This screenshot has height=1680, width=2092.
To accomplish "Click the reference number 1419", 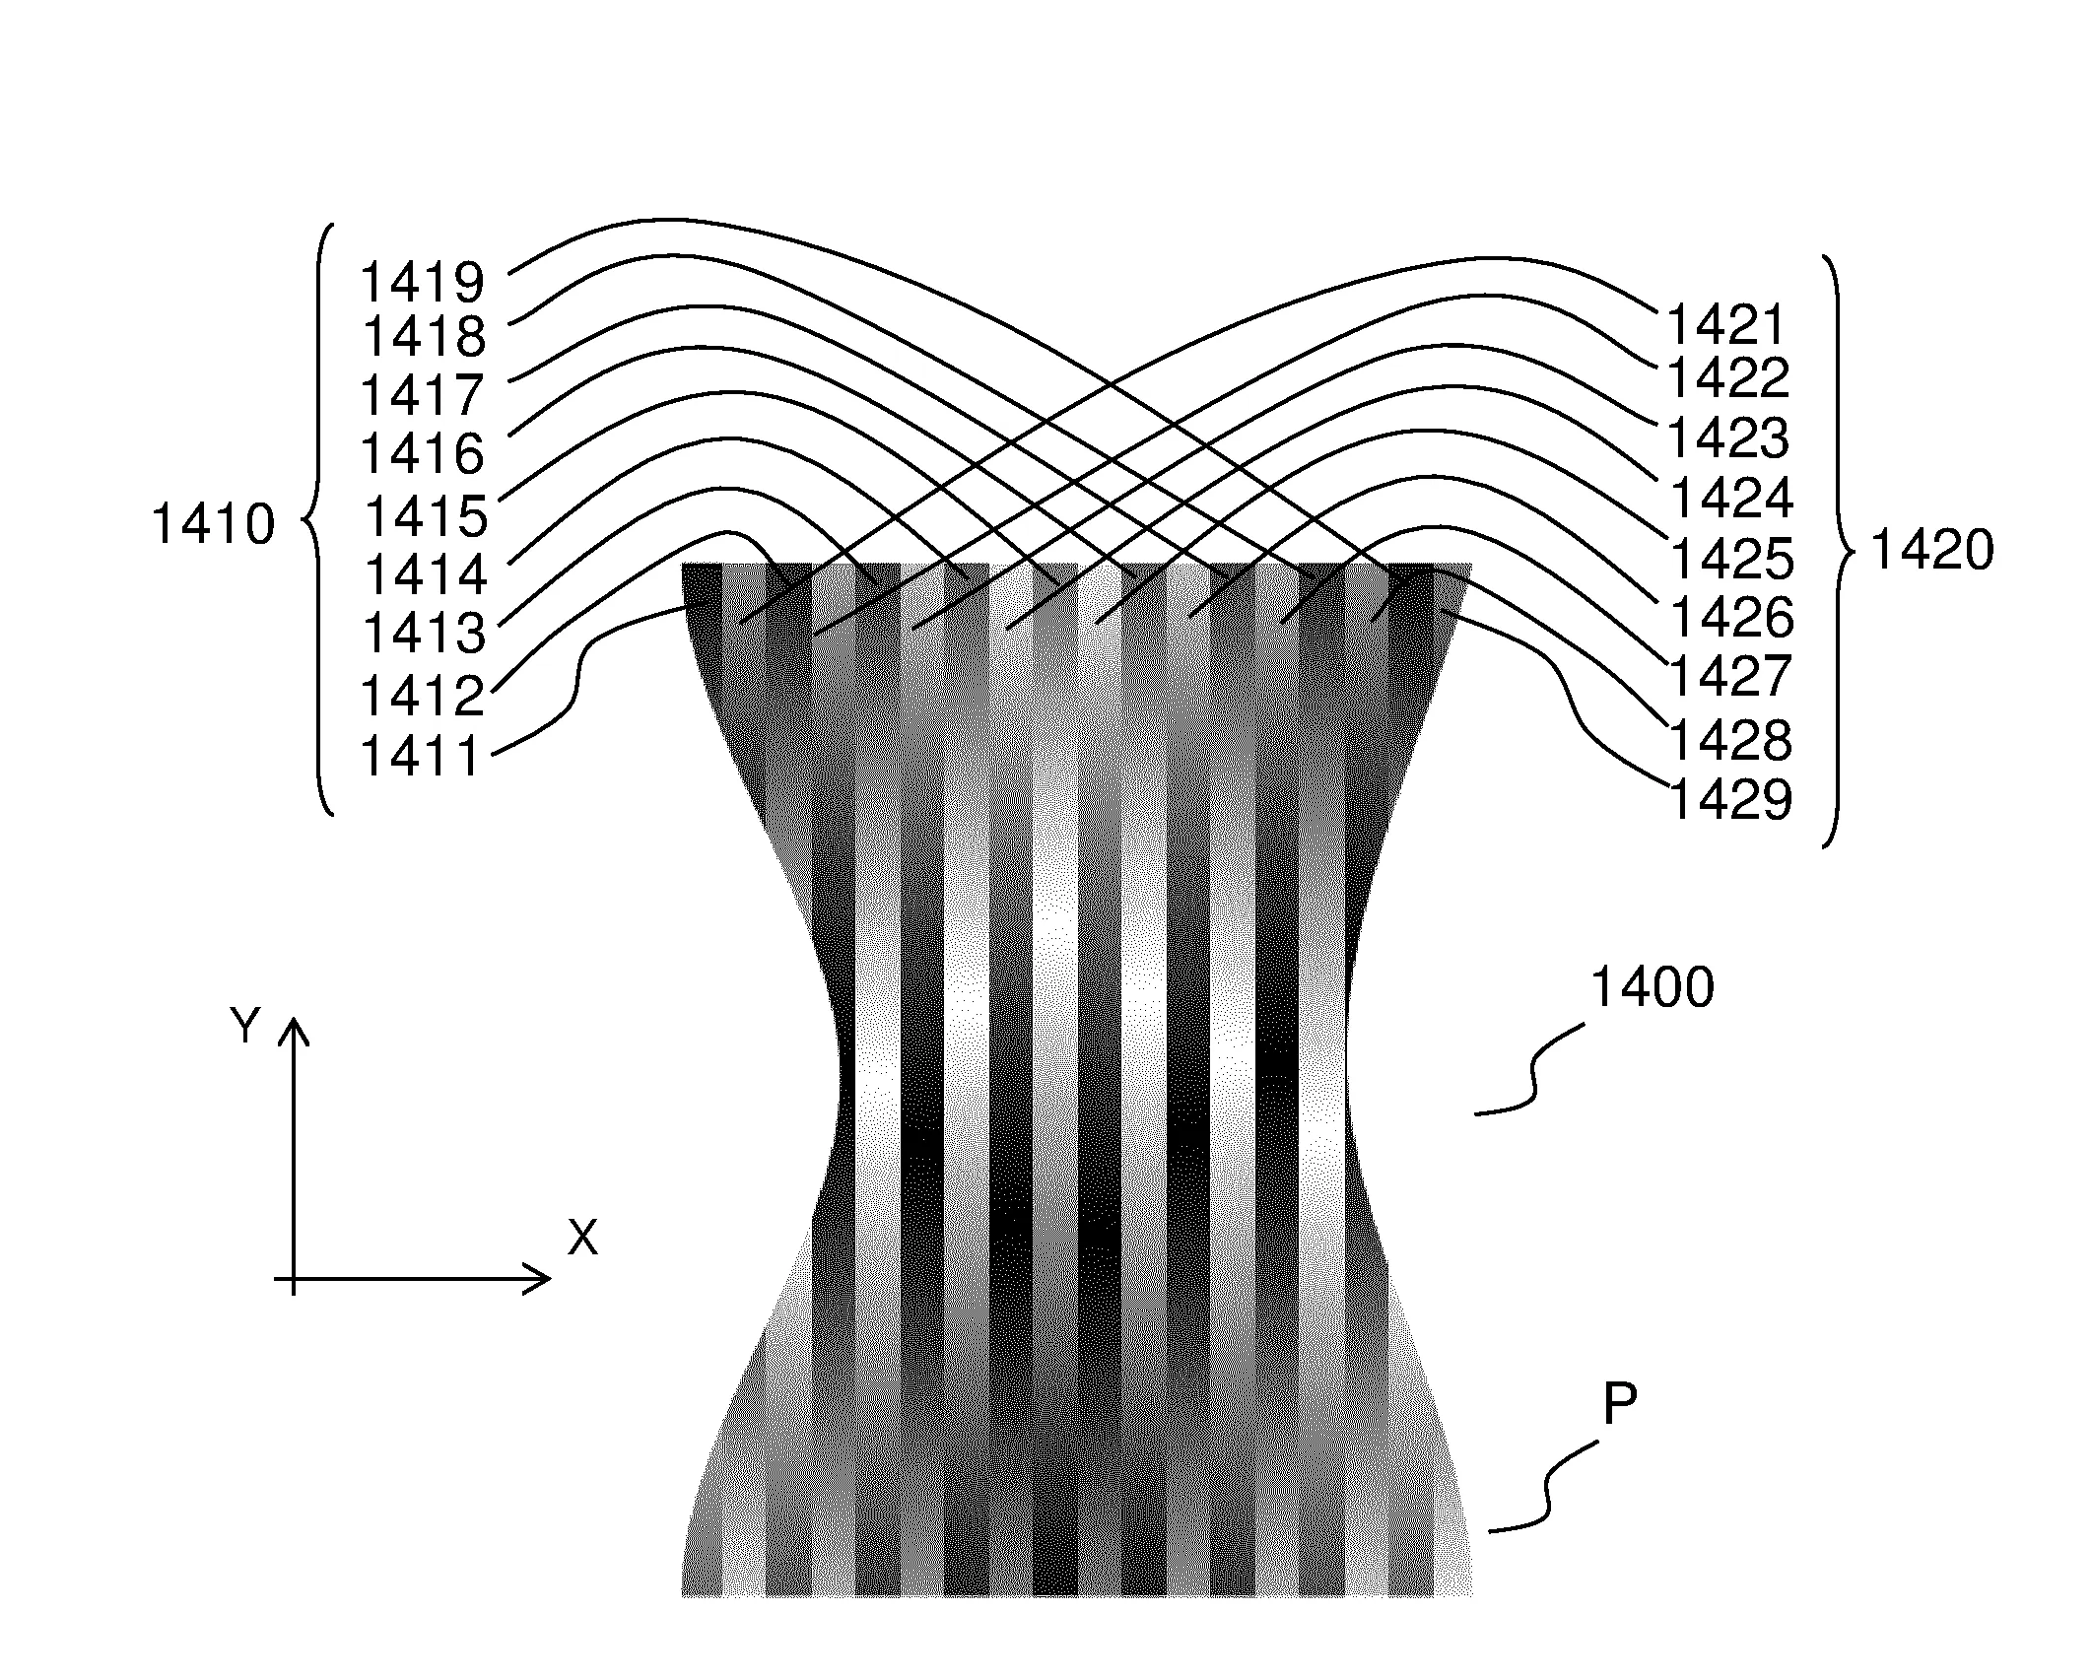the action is [423, 283].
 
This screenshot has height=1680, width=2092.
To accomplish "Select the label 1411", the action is [421, 757].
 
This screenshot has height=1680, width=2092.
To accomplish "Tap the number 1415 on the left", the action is [427, 515].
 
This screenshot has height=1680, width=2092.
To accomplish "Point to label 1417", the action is [423, 395].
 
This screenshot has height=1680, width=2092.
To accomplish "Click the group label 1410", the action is [213, 524].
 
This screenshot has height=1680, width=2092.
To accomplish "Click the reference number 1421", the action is [1725, 325].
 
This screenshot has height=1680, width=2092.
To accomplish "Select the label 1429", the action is [1731, 799].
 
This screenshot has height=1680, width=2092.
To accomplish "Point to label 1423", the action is [1728, 438].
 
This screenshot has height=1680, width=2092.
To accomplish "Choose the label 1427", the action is [1731, 676].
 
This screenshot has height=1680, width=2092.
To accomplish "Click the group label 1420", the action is [1931, 551].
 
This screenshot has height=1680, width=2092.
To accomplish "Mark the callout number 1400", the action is [1653, 988].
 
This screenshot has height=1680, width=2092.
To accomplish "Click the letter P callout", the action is [1620, 1405].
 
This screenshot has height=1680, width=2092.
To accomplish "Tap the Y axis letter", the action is [244, 1026].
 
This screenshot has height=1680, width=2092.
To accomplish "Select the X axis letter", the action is [583, 1237].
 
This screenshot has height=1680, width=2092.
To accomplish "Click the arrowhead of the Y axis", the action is [295, 1018].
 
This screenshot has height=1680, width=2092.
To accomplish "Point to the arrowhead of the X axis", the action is [550, 1279].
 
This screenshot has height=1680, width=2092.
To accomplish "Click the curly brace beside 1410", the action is [320, 520].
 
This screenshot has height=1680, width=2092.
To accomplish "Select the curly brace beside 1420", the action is [1840, 552].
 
